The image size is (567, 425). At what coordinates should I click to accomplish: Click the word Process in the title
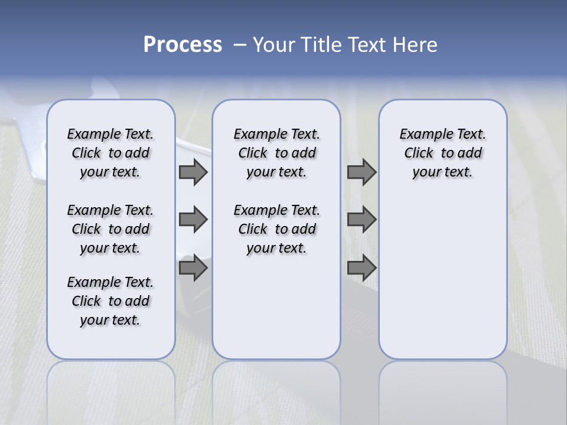[x=183, y=45]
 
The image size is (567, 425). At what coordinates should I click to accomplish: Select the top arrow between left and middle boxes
[x=193, y=172]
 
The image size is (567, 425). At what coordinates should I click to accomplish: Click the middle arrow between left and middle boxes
[x=193, y=220]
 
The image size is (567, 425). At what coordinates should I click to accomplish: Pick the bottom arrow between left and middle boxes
[x=193, y=269]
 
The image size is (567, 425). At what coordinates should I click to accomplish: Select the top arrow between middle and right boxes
[x=361, y=172]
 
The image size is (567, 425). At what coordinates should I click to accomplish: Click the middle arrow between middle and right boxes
[x=361, y=220]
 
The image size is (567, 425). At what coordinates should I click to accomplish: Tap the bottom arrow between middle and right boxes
[x=361, y=269]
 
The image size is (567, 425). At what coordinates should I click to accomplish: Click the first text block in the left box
[x=110, y=153]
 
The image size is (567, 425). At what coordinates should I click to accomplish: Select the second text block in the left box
[x=110, y=229]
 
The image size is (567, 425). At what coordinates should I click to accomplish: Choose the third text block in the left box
[x=110, y=301]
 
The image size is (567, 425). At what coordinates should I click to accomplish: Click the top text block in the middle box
[x=276, y=153]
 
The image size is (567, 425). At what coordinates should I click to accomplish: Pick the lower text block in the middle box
[x=276, y=229]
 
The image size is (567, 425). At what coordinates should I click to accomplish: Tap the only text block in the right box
[x=442, y=153]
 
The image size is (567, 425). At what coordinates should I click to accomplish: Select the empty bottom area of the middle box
[x=276, y=313]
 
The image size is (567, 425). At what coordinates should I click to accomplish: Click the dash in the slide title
[x=240, y=45]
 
